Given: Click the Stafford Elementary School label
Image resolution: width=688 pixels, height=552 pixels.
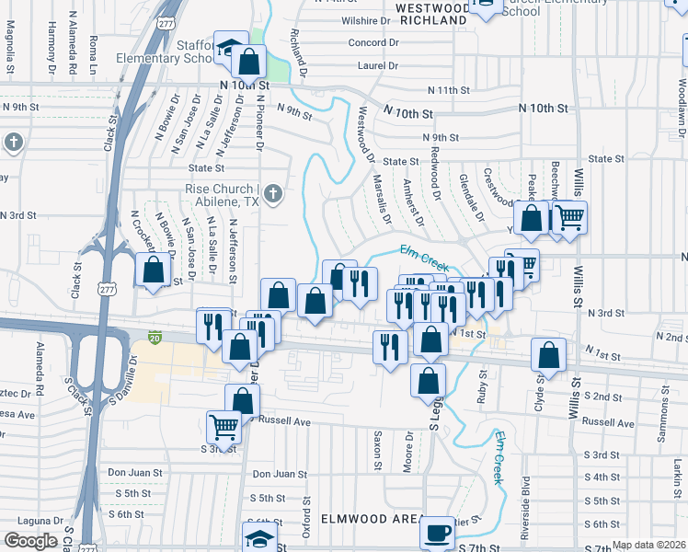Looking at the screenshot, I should coord(166,51).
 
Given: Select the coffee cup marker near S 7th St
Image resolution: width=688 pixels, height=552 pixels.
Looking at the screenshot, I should coord(438,533).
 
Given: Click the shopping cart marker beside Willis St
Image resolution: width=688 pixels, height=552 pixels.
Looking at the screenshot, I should coord(570,218).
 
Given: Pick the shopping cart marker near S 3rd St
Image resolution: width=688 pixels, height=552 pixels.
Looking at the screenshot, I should coord(224,427).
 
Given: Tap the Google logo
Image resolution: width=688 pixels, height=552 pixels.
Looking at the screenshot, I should coord(30,541).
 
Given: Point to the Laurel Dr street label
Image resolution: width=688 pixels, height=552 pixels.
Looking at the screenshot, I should coord(377,66).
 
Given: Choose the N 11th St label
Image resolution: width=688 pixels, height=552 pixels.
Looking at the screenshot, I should coord(449,90).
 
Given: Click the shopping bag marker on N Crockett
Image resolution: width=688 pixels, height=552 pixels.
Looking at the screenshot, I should coord(154,270).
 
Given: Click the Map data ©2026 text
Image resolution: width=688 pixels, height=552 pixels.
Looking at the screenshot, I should coord(648,545).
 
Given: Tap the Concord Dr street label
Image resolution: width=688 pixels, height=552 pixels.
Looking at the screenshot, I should coord(373,43).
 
